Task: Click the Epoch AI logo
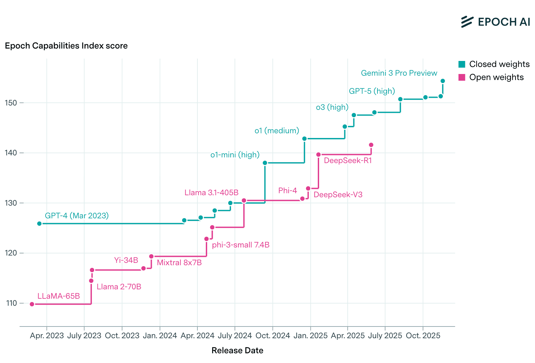pyautogui.click(x=495, y=22)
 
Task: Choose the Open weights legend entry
pyautogui.click(x=491, y=77)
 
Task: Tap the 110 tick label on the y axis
pyautogui.click(x=11, y=303)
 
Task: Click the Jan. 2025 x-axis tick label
pyautogui.click(x=310, y=336)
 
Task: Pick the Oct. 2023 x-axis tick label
pyautogui.click(x=122, y=336)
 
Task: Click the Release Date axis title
pyautogui.click(x=237, y=351)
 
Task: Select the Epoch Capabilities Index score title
pyautogui.click(x=66, y=46)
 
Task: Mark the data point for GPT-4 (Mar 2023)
pyautogui.click(x=39, y=224)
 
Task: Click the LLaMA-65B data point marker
pyautogui.click(x=32, y=304)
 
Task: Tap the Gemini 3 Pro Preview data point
pyautogui.click(x=442, y=81)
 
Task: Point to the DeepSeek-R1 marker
pyautogui.click(x=318, y=155)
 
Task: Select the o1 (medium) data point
pyautogui.click(x=304, y=139)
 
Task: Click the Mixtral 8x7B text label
pyautogui.click(x=179, y=263)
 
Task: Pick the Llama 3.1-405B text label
pyautogui.click(x=212, y=193)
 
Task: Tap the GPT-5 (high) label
pyautogui.click(x=372, y=91)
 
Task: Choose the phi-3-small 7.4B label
pyautogui.click(x=241, y=245)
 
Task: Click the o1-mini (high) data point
pyautogui.click(x=265, y=163)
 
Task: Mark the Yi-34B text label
pyautogui.click(x=126, y=260)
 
